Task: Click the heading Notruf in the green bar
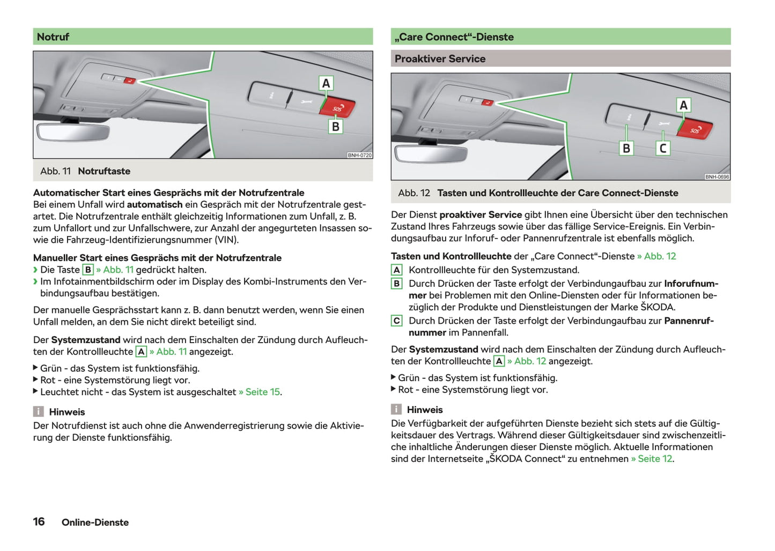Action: point(53,37)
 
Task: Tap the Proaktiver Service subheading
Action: point(440,59)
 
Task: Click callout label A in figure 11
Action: point(326,83)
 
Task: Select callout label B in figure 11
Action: point(335,127)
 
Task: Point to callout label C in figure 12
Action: point(663,148)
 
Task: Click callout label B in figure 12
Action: point(626,148)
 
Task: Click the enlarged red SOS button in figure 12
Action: point(696,129)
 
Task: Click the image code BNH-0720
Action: point(359,155)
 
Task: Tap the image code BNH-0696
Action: point(717,177)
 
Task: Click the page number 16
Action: point(39,521)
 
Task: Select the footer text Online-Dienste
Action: point(95,523)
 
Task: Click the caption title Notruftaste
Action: point(104,171)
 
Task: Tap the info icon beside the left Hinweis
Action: point(39,412)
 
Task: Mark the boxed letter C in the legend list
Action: point(396,321)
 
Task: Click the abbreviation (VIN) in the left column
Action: point(227,240)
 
